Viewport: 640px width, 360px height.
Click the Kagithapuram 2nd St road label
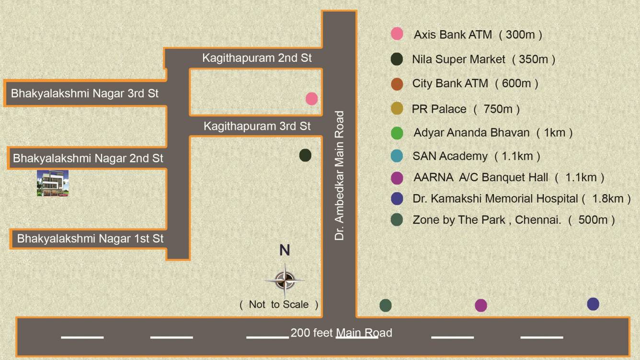point(257,58)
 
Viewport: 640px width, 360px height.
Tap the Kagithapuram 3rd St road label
point(257,126)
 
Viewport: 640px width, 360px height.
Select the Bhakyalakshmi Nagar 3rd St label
point(85,93)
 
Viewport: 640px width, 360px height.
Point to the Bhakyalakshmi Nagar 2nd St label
point(88,158)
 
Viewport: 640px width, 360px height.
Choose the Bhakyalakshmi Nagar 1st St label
point(91,238)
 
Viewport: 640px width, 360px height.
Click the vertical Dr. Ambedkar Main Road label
point(340,175)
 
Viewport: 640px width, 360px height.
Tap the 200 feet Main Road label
point(341,333)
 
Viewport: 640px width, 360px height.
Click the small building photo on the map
point(53,183)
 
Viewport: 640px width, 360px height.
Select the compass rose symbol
point(285,280)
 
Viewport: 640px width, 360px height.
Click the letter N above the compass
point(285,250)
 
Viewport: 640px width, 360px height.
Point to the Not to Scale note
point(279,304)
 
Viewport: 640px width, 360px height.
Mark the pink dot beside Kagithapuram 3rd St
point(311,99)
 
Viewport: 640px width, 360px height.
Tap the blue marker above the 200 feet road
point(593,304)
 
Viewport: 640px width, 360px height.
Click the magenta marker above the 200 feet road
point(480,305)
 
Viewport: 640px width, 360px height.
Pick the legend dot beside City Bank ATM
point(397,84)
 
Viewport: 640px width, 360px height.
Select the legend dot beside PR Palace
point(397,109)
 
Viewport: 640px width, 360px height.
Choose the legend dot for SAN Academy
point(397,156)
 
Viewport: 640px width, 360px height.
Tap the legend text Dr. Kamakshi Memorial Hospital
point(495,198)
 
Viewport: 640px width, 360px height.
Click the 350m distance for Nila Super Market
point(533,59)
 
